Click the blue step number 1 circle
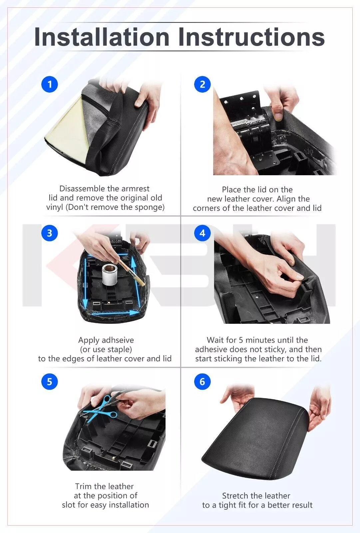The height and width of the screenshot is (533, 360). [x=50, y=84]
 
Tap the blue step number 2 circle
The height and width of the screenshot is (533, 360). [x=202, y=84]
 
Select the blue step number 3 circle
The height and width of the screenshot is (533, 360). [x=50, y=233]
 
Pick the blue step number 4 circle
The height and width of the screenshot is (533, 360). [x=202, y=233]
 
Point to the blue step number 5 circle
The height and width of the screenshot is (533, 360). [x=50, y=382]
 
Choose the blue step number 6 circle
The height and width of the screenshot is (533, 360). [x=202, y=382]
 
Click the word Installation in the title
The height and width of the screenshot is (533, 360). [x=102, y=37]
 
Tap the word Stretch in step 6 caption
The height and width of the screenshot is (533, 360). [x=234, y=496]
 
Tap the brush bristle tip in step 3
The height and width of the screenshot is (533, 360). [x=142, y=283]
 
